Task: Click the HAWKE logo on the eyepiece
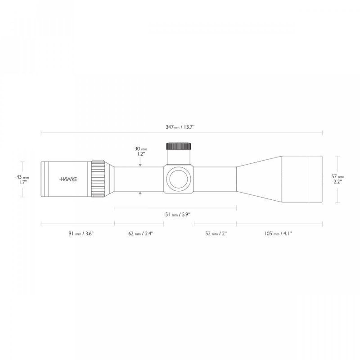pos(68,179)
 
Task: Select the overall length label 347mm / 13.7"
pos(182,128)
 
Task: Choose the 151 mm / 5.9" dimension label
pos(175,215)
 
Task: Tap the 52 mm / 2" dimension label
pos(215,234)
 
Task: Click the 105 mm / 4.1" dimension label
pos(279,234)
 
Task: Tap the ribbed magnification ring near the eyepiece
pos(99,179)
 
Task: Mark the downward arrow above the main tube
pos(141,165)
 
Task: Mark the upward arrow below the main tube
pos(141,193)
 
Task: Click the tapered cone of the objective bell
pos(259,179)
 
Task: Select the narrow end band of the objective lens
pos(317,179)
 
